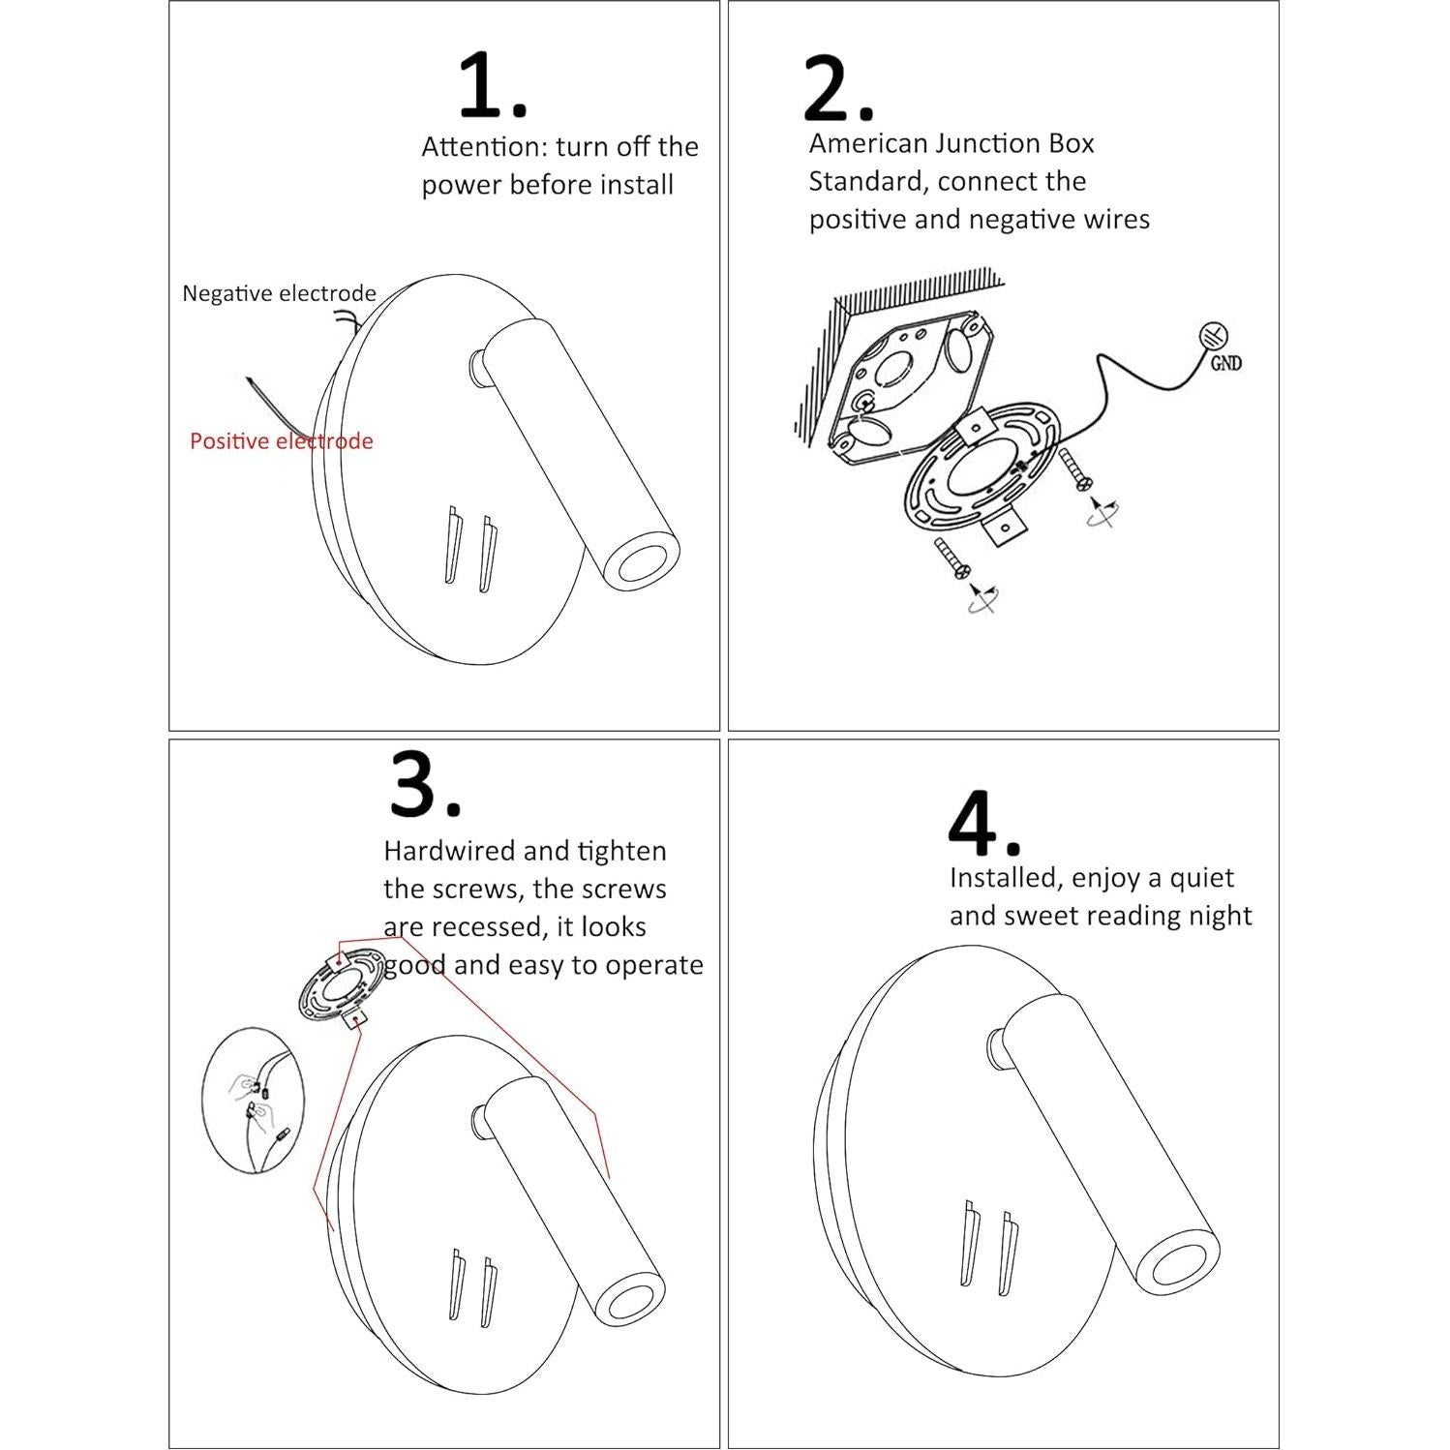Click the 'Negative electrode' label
click(x=279, y=293)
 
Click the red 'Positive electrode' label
click(x=281, y=441)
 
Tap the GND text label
click(x=1225, y=364)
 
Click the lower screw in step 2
click(x=949, y=559)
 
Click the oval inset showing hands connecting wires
click(x=254, y=1101)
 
